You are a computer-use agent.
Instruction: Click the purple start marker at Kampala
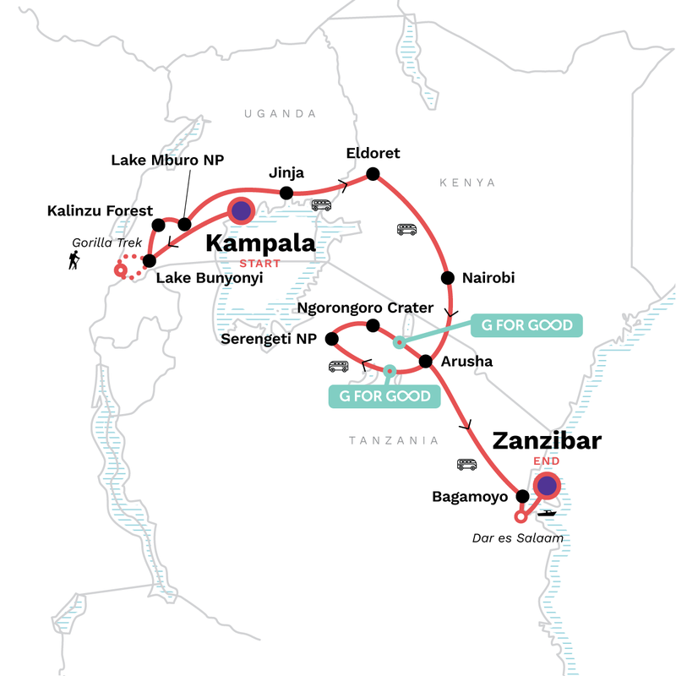click(240, 211)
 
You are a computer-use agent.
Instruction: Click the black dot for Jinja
click(286, 194)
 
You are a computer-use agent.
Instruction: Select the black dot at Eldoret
click(372, 176)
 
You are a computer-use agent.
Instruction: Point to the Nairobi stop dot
click(445, 277)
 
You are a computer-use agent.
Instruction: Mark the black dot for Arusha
click(426, 362)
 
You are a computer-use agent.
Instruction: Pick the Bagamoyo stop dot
click(522, 496)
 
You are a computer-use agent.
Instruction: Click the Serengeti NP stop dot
click(332, 339)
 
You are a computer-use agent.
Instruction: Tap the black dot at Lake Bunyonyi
click(150, 261)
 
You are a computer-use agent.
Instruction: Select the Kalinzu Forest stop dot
click(158, 225)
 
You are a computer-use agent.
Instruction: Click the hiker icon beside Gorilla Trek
click(75, 263)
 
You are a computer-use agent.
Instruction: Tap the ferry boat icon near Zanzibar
click(547, 513)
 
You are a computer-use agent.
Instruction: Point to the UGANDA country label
click(279, 113)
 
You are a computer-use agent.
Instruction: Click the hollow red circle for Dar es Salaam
click(521, 517)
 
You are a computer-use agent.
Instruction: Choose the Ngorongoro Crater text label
click(365, 308)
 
